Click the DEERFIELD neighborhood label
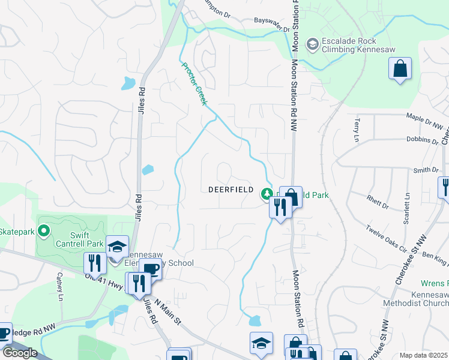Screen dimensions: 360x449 pyautogui.click(x=228, y=189)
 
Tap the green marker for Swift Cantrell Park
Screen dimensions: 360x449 pyautogui.click(x=43, y=230)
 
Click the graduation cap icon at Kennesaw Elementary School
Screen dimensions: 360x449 pyautogui.click(x=117, y=246)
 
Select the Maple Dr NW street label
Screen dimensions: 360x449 pyautogui.click(x=427, y=121)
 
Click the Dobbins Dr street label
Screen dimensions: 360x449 pyautogui.click(x=422, y=141)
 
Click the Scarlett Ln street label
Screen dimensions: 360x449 pyautogui.click(x=407, y=205)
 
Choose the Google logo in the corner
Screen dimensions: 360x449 pyautogui.click(x=19, y=352)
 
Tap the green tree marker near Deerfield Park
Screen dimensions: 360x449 pyautogui.click(x=266, y=194)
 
